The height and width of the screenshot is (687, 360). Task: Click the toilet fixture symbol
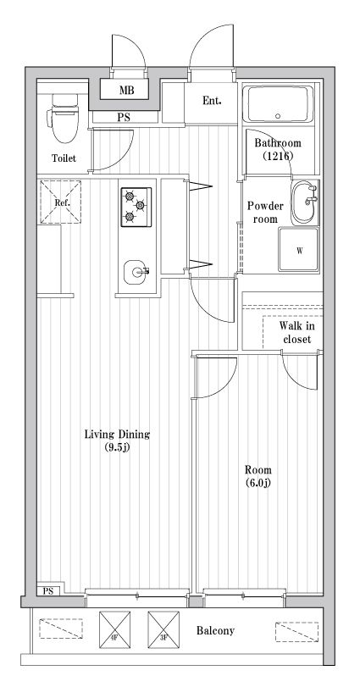pos(63,118)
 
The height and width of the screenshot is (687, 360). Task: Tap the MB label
pos(126,91)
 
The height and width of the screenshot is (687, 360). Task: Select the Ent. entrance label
pos(212,101)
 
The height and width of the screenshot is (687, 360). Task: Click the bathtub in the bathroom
pos(278,104)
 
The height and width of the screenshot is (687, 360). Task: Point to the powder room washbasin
pos(305,202)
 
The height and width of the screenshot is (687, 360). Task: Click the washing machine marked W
pos(299,250)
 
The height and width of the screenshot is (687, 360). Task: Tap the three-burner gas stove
pos(136,207)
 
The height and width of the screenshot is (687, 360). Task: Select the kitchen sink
pos(136,272)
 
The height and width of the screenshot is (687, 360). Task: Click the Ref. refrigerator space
pos(60,202)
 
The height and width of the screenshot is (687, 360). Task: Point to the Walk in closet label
pos(297,333)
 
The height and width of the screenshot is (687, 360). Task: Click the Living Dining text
pos(117,435)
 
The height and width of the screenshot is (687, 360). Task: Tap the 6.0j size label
pos(258,483)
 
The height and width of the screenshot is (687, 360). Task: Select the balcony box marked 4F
pos(114,629)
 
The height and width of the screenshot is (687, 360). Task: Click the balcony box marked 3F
pos(163,629)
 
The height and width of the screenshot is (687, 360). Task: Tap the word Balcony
pos(215,630)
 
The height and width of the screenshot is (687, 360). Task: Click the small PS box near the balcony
pos(49,590)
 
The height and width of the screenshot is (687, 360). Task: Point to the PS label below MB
pos(124,118)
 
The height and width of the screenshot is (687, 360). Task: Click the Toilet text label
pos(64,158)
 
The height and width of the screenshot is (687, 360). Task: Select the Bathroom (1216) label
pos(278,149)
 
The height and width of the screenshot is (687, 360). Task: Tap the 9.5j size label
pos(117,447)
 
